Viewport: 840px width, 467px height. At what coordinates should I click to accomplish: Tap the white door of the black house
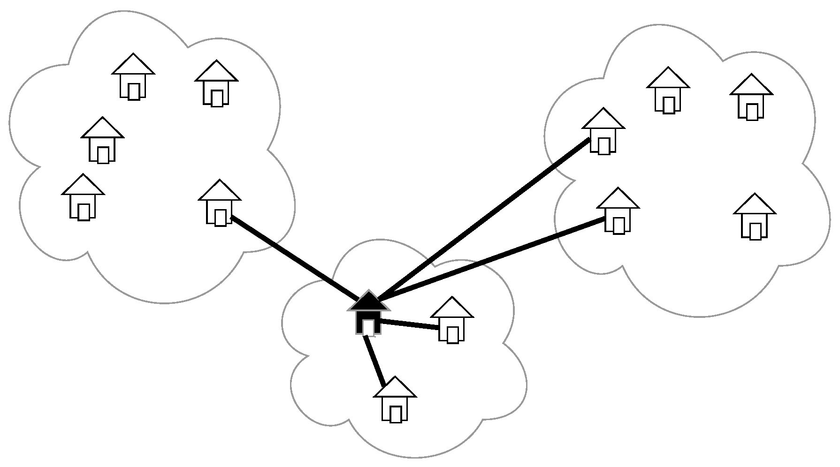pyautogui.click(x=368, y=327)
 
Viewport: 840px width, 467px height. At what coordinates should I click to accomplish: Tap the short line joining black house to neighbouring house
pyautogui.click(x=408, y=324)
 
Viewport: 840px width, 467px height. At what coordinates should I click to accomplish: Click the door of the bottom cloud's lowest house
pyautogui.click(x=396, y=414)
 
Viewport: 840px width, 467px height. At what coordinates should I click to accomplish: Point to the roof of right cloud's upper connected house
pyautogui.click(x=603, y=119)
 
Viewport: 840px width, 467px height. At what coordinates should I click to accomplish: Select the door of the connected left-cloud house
pyautogui.click(x=220, y=218)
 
